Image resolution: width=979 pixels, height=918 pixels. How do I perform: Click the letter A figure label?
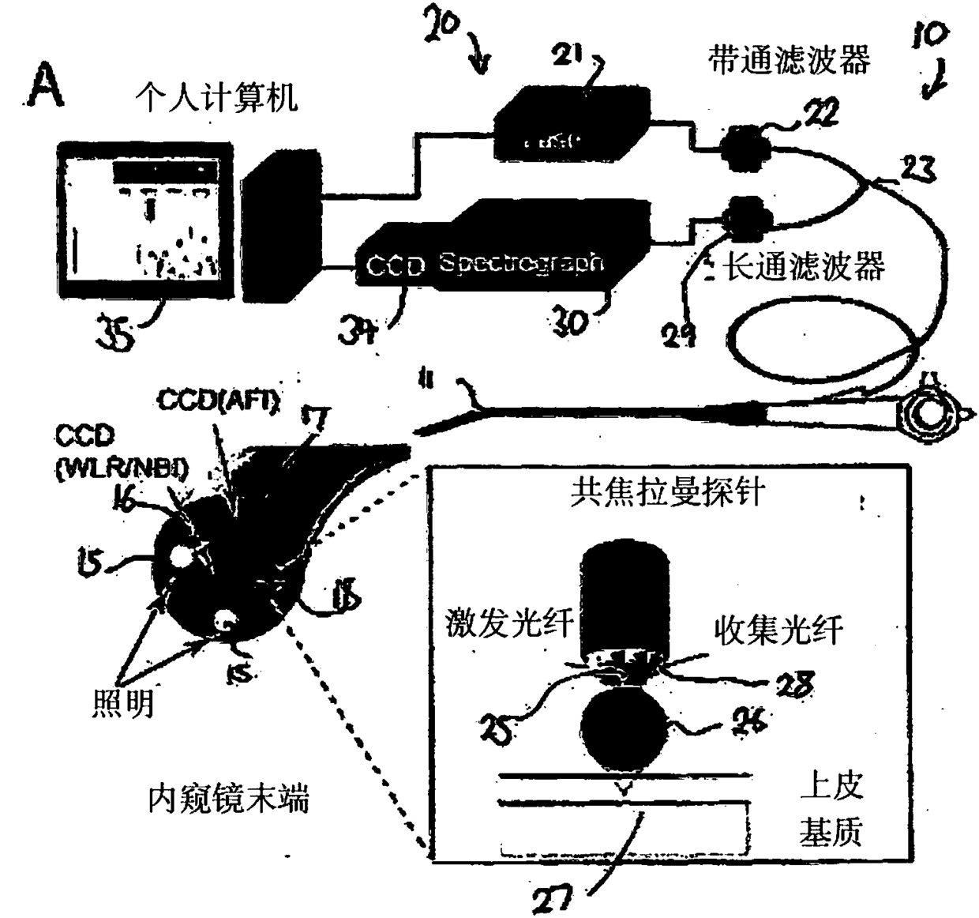pos(44,86)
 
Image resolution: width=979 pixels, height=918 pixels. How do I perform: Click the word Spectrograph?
pos(522,262)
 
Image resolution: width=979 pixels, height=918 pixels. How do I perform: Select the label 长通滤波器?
pos(805,267)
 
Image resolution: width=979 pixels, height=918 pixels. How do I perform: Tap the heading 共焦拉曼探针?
pos(668,491)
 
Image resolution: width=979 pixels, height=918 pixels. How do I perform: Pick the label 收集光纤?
pos(778,630)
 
